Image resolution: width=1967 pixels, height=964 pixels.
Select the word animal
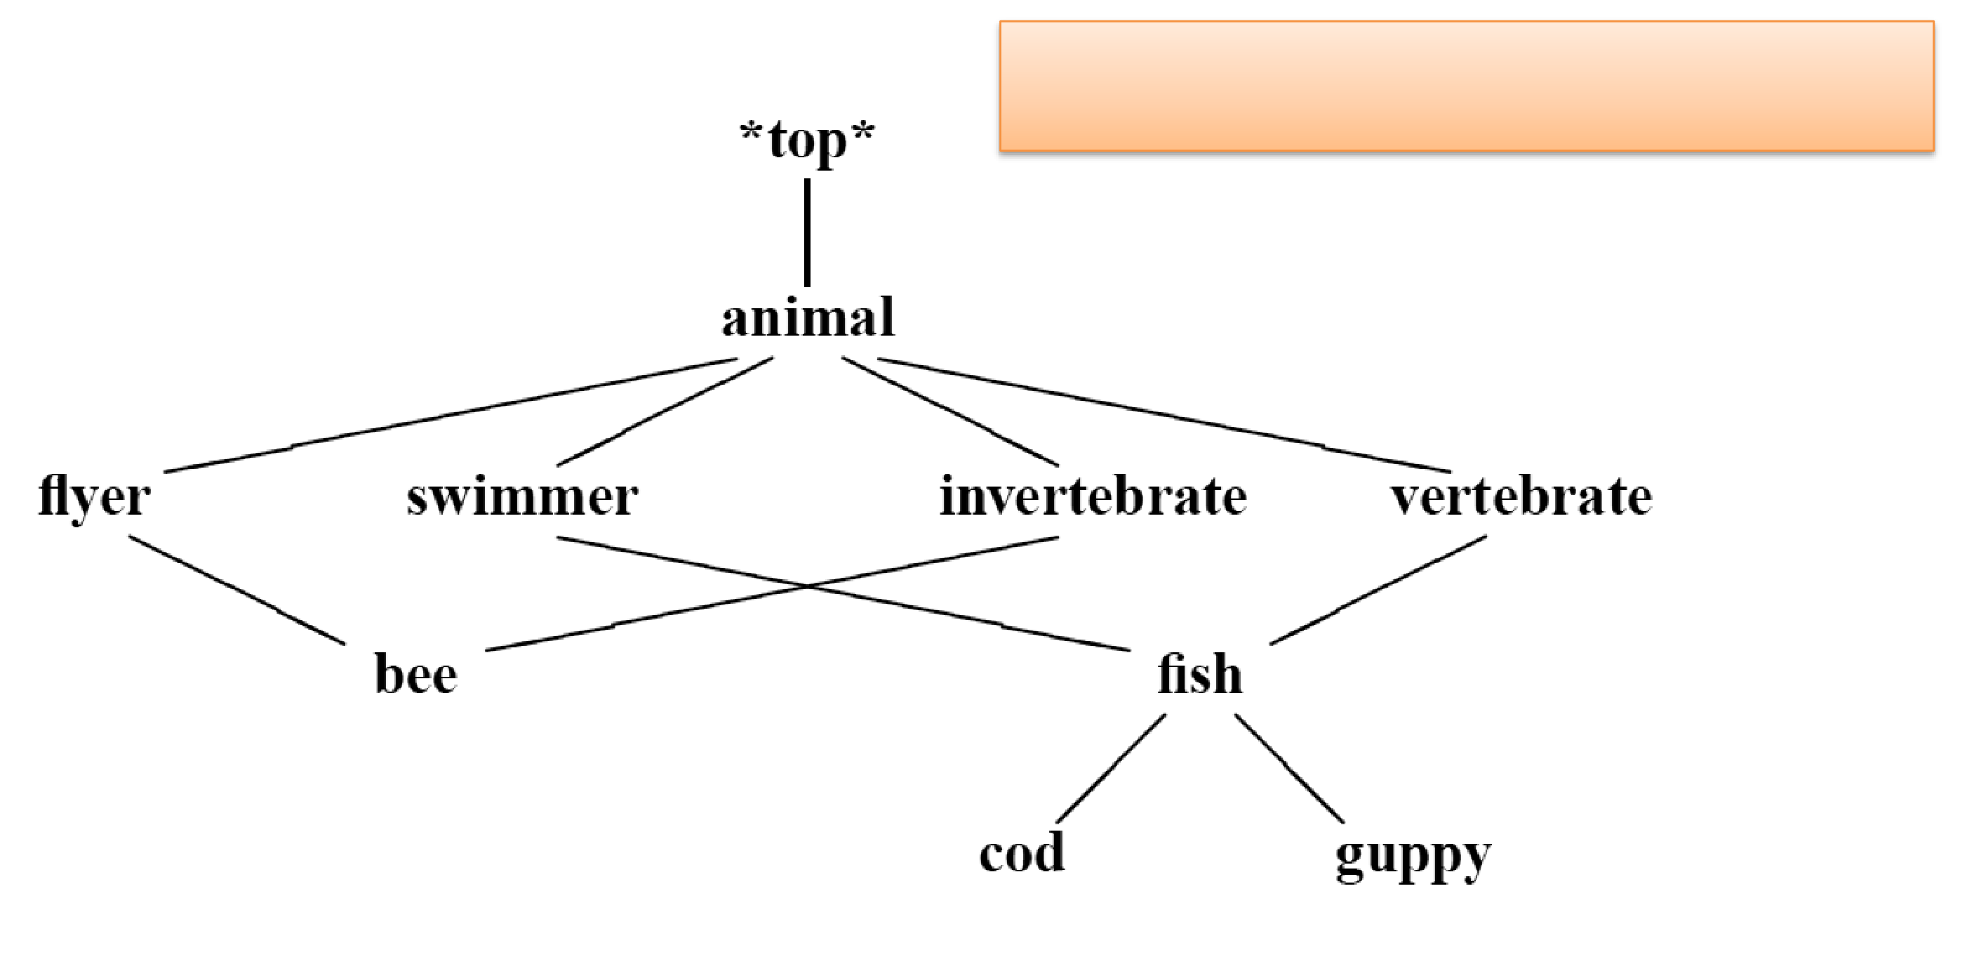(808, 318)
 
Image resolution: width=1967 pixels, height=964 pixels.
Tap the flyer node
(94, 497)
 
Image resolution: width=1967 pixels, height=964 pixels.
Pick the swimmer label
(522, 497)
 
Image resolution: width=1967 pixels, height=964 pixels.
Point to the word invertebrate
(1093, 497)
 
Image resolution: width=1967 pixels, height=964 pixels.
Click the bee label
(416, 675)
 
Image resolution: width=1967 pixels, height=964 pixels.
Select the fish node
(1199, 675)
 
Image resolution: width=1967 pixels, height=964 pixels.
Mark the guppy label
(1413, 856)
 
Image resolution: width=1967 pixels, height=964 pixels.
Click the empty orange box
(1466, 86)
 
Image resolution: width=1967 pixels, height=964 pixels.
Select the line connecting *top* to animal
(807, 232)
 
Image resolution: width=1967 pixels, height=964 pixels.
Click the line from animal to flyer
(451, 416)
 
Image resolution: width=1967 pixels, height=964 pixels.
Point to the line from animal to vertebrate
(1163, 416)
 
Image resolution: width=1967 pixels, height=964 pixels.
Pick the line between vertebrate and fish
(1378, 590)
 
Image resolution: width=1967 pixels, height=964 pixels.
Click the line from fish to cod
(1112, 767)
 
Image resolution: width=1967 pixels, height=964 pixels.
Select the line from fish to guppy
(1289, 767)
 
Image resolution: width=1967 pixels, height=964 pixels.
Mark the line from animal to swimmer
(665, 411)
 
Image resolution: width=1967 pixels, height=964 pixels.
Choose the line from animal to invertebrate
(950, 411)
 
